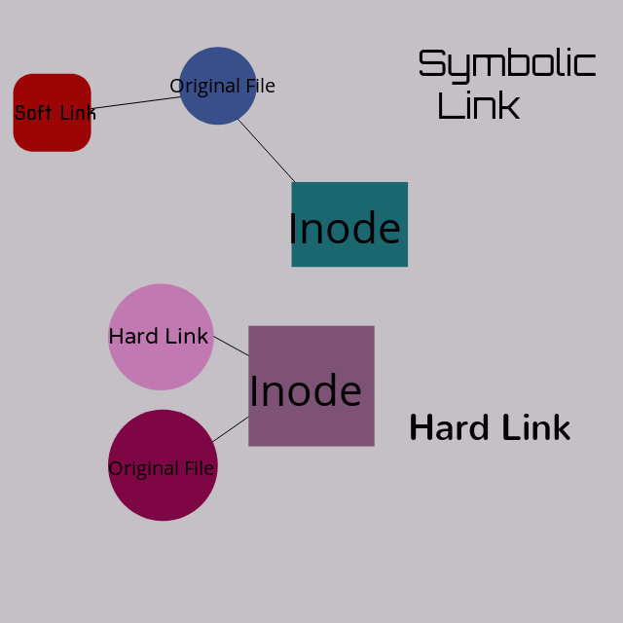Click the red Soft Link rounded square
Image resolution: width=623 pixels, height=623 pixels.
(x=52, y=130)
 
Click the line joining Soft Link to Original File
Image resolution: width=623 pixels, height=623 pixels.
(x=135, y=102)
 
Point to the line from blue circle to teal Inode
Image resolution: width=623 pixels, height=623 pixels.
(x=266, y=151)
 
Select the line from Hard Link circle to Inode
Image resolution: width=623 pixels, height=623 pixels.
(x=231, y=346)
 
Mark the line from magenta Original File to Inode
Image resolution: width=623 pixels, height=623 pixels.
(x=231, y=429)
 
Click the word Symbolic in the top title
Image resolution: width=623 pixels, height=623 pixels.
(x=506, y=64)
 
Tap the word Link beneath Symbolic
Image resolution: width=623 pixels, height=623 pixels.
(x=478, y=105)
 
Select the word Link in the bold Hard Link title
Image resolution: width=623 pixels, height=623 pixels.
(x=534, y=427)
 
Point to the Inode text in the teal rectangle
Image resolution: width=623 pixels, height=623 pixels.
(x=345, y=229)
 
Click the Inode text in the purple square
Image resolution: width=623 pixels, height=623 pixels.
(x=306, y=391)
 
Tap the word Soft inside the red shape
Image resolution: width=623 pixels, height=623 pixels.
(x=33, y=113)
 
